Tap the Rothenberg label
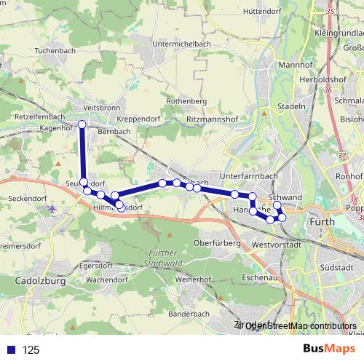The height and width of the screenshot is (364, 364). click(182, 101)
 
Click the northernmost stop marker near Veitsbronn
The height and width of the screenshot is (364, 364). click(82, 125)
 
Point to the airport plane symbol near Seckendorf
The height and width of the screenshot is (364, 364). click(52, 209)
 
